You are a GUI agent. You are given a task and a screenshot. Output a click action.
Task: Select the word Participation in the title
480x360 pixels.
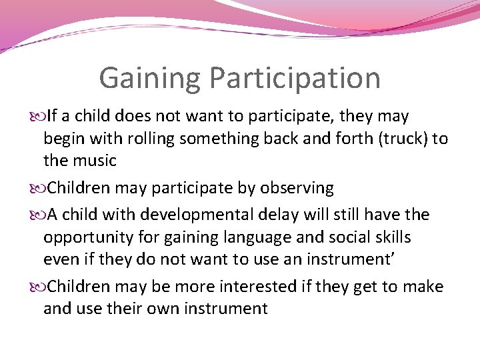point(295,78)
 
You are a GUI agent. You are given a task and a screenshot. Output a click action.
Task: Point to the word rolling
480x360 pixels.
point(164,139)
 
